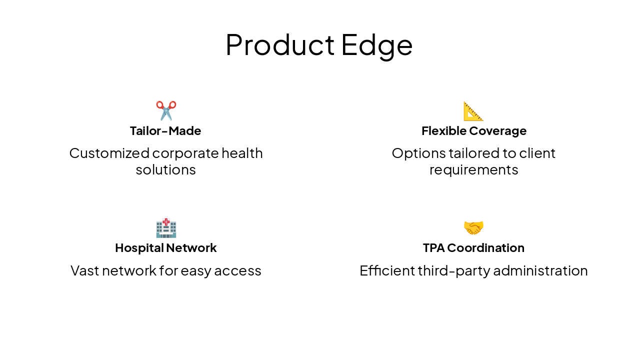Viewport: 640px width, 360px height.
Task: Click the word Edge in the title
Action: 377,45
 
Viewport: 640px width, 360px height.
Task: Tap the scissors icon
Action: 166,110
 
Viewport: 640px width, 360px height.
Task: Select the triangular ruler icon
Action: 473,111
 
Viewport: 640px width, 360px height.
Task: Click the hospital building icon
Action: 166,228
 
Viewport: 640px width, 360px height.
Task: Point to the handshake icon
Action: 473,228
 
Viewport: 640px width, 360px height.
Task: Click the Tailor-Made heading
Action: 165,131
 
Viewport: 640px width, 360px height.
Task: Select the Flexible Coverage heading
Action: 473,131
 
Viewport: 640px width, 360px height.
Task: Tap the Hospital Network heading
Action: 165,248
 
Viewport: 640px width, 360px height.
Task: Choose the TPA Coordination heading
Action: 473,248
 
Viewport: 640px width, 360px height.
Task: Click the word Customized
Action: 109,153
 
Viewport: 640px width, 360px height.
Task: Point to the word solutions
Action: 165,170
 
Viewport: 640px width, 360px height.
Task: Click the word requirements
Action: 473,170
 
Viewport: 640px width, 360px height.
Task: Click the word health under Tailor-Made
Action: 242,153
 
